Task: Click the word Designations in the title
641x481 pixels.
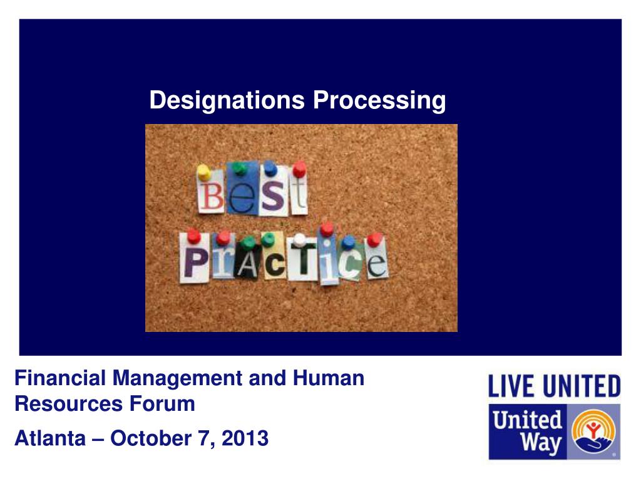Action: point(227,101)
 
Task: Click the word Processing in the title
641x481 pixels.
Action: point(379,101)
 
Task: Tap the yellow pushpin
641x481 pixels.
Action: point(203,172)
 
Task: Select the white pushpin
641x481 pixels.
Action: point(300,240)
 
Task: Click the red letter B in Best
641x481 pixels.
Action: point(211,196)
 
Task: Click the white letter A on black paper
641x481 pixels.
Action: point(248,265)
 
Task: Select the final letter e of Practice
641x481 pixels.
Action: point(376,263)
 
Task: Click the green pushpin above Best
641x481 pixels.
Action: point(240,168)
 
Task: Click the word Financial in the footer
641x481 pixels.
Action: point(61,378)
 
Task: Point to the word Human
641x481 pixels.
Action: point(329,378)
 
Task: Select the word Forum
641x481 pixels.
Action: point(162,404)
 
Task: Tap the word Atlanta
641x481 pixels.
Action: point(50,438)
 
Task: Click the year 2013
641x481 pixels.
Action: point(245,438)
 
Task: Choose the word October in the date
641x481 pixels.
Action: point(151,438)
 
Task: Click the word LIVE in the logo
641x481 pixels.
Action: point(511,386)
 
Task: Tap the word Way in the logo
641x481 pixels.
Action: point(541,443)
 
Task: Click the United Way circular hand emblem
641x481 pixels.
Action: point(593,431)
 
